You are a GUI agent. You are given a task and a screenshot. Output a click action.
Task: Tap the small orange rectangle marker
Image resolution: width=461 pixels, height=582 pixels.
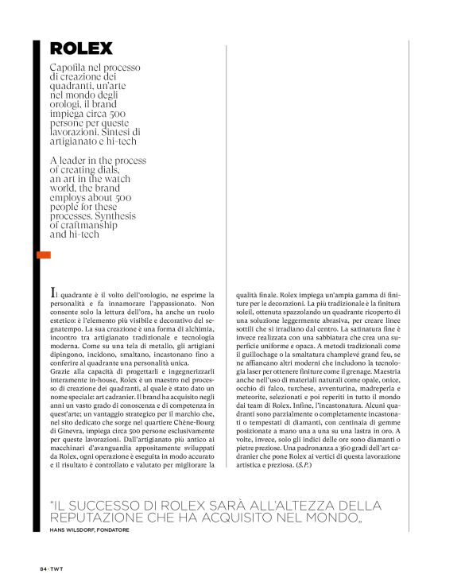tap(44, 254)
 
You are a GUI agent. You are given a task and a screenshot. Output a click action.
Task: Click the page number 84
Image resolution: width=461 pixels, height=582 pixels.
tap(44, 568)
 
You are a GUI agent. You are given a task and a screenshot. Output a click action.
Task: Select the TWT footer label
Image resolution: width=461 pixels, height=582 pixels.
tap(57, 568)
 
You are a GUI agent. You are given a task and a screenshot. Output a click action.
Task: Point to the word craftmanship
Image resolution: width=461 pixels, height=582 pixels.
tap(91, 225)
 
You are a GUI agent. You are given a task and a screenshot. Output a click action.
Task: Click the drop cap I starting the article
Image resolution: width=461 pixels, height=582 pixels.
tap(52, 295)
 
